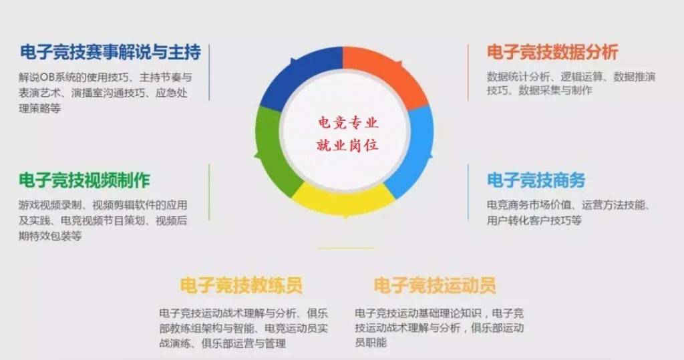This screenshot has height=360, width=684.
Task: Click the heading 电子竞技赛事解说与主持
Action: (x=110, y=52)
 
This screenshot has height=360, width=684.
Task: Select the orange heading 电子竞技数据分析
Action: (x=552, y=52)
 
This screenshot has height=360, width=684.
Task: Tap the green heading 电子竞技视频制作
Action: (x=84, y=180)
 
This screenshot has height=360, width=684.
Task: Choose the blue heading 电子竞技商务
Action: (x=536, y=180)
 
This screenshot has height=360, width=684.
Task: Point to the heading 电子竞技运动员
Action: (x=435, y=286)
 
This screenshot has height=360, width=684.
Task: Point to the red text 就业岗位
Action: (x=347, y=144)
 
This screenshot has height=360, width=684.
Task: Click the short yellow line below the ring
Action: (x=346, y=248)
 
